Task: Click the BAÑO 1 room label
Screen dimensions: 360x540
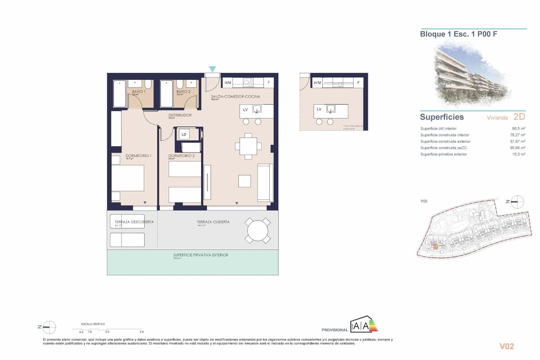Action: click(x=139, y=92)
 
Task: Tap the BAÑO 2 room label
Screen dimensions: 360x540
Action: click(x=183, y=92)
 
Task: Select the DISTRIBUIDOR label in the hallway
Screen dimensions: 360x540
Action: click(x=180, y=115)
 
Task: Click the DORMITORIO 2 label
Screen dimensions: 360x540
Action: click(x=181, y=156)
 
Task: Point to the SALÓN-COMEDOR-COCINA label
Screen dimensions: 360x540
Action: click(x=235, y=96)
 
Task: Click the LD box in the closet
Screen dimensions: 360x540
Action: click(x=184, y=134)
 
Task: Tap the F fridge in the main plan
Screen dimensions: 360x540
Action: click(x=269, y=83)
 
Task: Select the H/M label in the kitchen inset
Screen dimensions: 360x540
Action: click(x=318, y=83)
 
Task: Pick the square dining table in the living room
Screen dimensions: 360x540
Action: click(x=248, y=146)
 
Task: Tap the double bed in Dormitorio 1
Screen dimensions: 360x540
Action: click(x=128, y=178)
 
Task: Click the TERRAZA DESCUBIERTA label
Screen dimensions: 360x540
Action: click(x=134, y=222)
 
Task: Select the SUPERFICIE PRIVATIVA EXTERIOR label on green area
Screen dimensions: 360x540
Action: click(x=201, y=255)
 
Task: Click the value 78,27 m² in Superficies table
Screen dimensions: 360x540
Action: click(x=517, y=135)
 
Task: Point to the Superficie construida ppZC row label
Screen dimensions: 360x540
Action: click(x=444, y=148)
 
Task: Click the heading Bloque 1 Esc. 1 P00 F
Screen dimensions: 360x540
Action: click(x=458, y=34)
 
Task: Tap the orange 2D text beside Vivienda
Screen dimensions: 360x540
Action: click(x=519, y=117)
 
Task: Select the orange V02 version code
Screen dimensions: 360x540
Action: click(x=507, y=346)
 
